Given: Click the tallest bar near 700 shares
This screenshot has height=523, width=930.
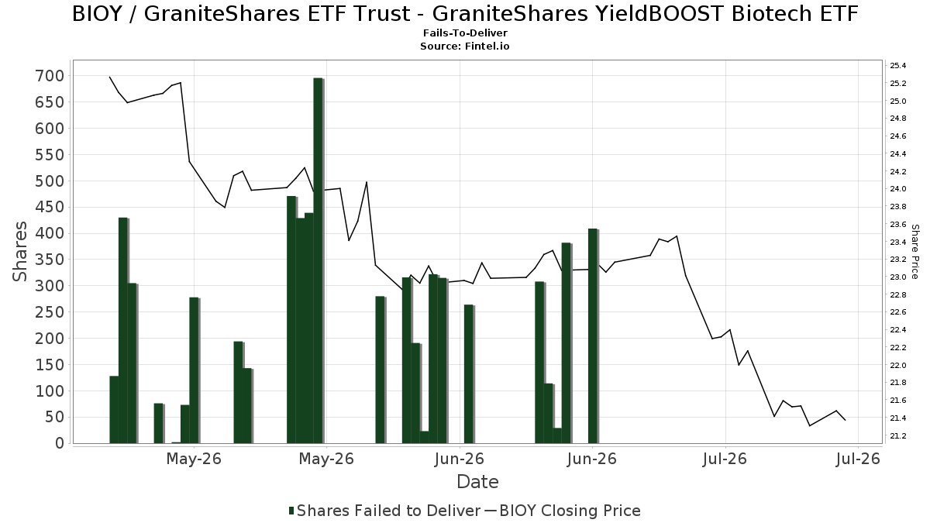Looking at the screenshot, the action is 319,260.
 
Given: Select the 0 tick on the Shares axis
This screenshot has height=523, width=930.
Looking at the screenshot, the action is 60,444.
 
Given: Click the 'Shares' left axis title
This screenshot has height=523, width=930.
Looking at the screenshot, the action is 19,252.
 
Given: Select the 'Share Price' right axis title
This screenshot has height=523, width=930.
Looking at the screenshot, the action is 915,252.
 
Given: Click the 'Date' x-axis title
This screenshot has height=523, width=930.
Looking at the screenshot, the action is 477,482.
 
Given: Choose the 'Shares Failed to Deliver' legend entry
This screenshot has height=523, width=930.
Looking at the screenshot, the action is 385,511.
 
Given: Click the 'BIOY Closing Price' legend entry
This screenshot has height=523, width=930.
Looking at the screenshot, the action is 563,511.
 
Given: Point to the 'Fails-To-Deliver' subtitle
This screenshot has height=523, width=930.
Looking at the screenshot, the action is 465,33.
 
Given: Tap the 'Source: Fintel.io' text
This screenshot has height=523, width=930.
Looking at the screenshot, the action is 464,46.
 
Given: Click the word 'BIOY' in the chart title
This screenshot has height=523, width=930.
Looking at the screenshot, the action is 97,14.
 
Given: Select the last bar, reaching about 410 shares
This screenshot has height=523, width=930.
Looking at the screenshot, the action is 594,335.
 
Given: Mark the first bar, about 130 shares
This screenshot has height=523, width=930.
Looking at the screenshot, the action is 114,410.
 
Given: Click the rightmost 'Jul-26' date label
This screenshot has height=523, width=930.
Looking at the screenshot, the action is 858,459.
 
